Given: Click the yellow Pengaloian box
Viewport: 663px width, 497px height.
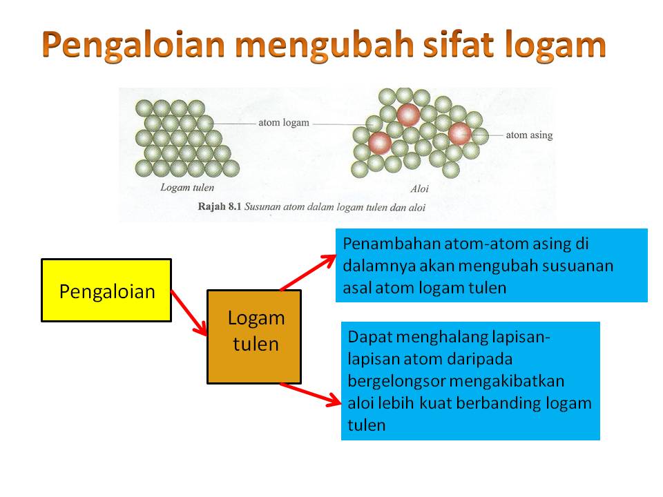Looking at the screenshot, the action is [106, 291].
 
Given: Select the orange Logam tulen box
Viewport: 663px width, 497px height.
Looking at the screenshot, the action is [254, 337].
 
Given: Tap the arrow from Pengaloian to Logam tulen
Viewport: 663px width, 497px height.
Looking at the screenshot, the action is [189, 313].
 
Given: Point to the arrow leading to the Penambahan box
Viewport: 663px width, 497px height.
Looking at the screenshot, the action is [308, 273].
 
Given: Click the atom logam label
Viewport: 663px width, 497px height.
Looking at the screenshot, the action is [284, 123].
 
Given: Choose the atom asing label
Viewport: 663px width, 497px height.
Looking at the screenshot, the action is [530, 135].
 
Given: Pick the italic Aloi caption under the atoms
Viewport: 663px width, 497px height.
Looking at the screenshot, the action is [419, 189].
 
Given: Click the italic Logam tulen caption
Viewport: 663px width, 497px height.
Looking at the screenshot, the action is [187, 187].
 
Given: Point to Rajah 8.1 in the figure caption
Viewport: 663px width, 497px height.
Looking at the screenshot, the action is [219, 206].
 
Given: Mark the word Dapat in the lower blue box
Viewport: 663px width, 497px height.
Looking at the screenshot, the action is [369, 338].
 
